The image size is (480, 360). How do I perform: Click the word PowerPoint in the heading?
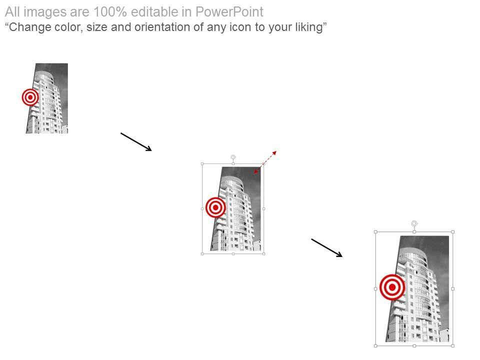point(229,12)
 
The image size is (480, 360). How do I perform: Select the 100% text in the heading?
point(110,12)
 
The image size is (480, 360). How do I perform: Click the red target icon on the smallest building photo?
point(30,97)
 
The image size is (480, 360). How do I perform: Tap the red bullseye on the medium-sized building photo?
point(215,207)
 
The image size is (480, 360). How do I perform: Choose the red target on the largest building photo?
point(392,287)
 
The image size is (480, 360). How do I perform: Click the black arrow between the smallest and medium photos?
point(136,141)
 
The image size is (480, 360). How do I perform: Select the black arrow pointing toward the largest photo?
point(327,248)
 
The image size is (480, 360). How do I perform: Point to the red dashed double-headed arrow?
point(265,162)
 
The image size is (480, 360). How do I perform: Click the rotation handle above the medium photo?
point(233,157)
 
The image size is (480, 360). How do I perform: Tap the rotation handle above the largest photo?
point(414,223)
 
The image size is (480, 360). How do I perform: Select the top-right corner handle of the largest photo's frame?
point(453,231)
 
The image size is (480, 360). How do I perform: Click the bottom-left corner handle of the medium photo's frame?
point(202,254)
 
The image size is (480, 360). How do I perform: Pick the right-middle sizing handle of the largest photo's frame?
point(453,288)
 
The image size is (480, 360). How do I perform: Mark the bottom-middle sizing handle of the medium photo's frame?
point(233,254)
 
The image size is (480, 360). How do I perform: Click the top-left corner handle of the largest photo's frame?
point(375,231)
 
